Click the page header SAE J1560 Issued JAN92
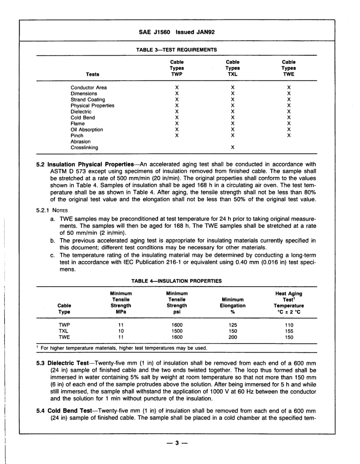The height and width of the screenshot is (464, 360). pyautogui.click(x=177, y=33)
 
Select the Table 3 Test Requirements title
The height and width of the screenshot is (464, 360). pyautogui.click(x=177, y=49)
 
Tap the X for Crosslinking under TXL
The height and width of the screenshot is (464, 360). pyautogui.click(x=233, y=148)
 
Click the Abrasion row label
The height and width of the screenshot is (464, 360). pyautogui.click(x=81, y=142)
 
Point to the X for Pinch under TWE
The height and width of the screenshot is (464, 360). pyautogui.click(x=289, y=136)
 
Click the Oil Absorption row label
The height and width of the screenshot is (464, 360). pyautogui.click(x=87, y=130)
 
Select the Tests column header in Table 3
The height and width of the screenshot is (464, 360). pyautogui.click(x=92, y=75)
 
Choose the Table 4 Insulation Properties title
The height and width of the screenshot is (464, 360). pyautogui.click(x=177, y=281)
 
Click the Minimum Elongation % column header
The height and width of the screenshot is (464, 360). pyautogui.click(x=233, y=306)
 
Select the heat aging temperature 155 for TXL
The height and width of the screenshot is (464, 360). pyautogui.click(x=289, y=331)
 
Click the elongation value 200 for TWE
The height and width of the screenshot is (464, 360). pyautogui.click(x=233, y=337)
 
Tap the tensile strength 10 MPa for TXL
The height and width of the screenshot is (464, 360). pyautogui.click(x=121, y=331)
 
